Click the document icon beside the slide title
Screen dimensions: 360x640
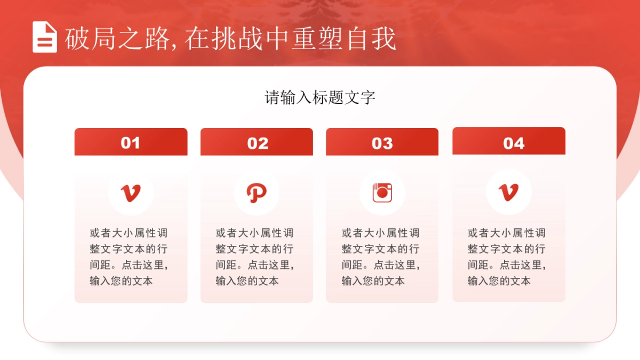click(x=45, y=37)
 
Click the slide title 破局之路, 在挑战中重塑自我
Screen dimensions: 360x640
click(x=230, y=38)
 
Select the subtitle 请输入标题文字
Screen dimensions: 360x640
click(x=320, y=98)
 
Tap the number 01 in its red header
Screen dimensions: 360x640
click(x=131, y=143)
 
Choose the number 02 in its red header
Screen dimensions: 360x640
click(x=258, y=143)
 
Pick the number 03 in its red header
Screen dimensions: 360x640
click(x=382, y=143)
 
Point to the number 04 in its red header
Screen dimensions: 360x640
click(x=514, y=143)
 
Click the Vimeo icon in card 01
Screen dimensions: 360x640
click(x=131, y=193)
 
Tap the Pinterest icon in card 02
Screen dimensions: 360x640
click(x=257, y=193)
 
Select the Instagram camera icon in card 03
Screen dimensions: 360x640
click(x=382, y=193)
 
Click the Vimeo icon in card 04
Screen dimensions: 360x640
click(x=508, y=193)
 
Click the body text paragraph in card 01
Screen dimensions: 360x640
click(x=131, y=257)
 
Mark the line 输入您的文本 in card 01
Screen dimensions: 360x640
click(x=121, y=281)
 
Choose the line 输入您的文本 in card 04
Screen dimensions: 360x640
click(x=499, y=281)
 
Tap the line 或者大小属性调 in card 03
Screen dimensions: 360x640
click(x=381, y=233)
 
